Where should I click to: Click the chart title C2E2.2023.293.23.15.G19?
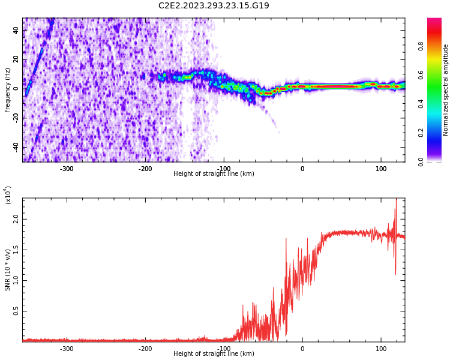pyautogui.click(x=214, y=6)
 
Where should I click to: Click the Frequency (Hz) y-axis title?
pyautogui.click(x=8, y=89)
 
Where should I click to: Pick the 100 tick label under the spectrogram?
pyautogui.click(x=381, y=169)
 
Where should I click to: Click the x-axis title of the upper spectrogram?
pyautogui.click(x=214, y=174)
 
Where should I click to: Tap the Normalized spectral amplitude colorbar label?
pyautogui.click(x=446, y=89)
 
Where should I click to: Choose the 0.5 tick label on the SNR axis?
pyautogui.click(x=16, y=311)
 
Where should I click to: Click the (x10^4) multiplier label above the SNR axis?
pyautogui.click(x=8, y=195)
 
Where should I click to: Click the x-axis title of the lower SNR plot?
pyautogui.click(x=214, y=354)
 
